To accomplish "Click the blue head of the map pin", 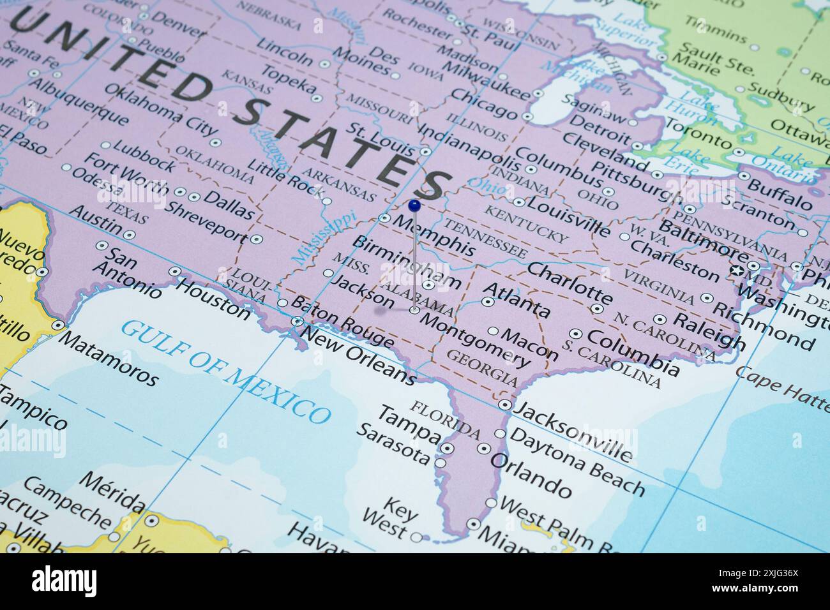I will tap(414, 205).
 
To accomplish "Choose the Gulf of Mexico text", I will tap(227, 373).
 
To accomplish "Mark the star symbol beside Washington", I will tap(739, 271).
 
